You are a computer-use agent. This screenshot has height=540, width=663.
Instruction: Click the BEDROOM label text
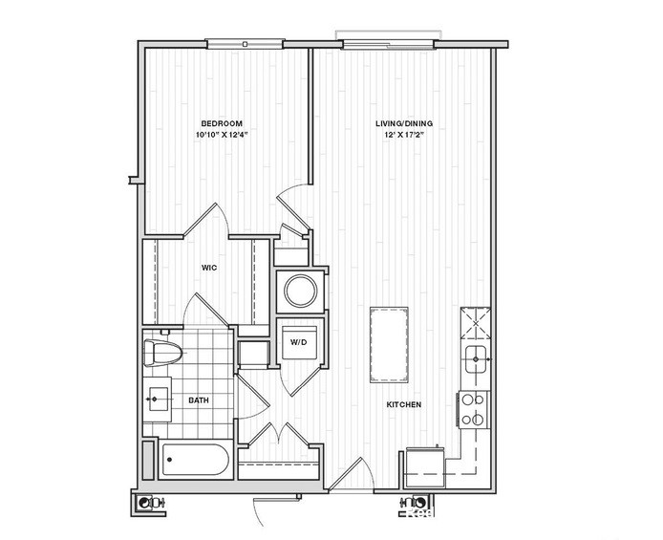[x=221, y=123]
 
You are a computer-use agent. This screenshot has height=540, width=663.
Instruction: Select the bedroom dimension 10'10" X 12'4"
[x=221, y=135]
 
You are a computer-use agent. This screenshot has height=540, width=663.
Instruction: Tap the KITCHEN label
[x=403, y=404]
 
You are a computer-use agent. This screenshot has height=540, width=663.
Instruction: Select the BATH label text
[x=199, y=401]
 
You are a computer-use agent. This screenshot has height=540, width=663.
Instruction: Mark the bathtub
[x=195, y=463]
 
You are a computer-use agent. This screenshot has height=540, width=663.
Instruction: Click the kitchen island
[x=389, y=344]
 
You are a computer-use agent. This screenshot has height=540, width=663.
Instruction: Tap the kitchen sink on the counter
[x=475, y=362]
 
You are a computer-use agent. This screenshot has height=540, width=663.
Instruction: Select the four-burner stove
[x=473, y=410]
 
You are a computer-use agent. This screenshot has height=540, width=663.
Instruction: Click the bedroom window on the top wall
[x=245, y=43]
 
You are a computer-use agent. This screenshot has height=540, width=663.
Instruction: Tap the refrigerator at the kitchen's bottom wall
[x=424, y=465]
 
